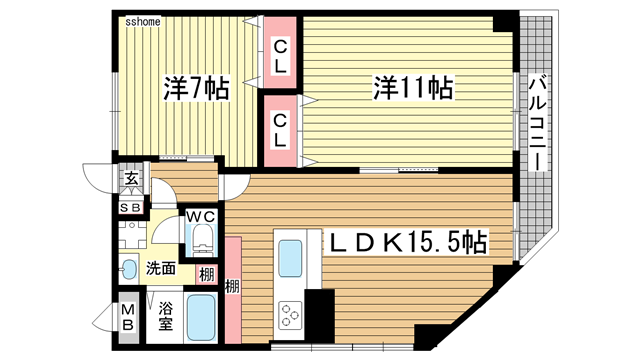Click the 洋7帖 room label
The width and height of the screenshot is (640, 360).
(196, 88)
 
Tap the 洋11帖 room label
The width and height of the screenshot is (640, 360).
(412, 88)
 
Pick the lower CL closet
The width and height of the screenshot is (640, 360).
(281, 129)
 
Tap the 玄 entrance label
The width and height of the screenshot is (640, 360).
(131, 181)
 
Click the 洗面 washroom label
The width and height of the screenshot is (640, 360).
(160, 268)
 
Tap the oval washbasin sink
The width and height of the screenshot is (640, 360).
(129, 268)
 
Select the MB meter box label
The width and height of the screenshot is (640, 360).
(129, 317)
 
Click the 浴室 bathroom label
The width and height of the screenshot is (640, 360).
(167, 317)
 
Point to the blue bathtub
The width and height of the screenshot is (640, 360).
(204, 318)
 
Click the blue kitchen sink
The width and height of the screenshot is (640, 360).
(294, 258)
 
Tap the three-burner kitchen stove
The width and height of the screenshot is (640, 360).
(293, 315)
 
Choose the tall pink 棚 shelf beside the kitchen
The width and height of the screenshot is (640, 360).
(234, 285)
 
